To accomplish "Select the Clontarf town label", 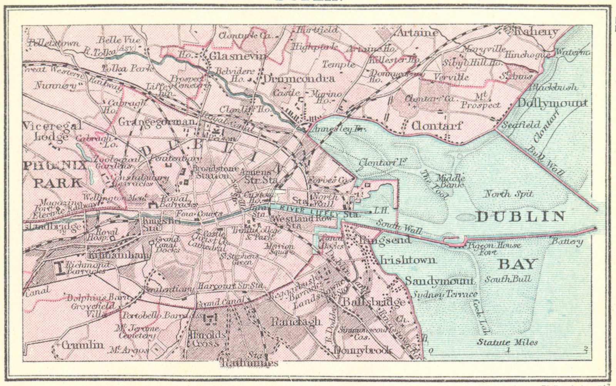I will point(437,126).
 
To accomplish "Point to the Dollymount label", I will point(552,103).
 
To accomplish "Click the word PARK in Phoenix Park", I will point(57,183).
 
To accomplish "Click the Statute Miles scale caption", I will point(507,342).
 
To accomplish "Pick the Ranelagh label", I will point(295,321).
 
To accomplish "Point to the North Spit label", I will point(508,194).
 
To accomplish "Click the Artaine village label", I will point(417,32).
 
